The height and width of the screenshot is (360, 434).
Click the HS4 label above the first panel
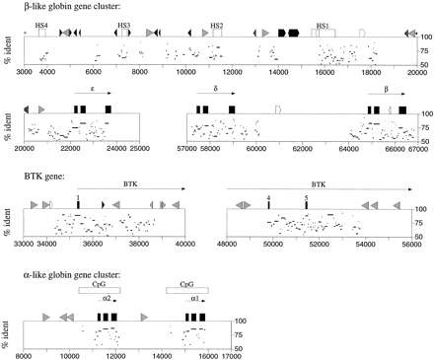pyautogui.click(x=40, y=22)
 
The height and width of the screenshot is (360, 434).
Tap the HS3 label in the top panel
pyautogui.click(x=123, y=22)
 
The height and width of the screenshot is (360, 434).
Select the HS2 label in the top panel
pyautogui.click(x=217, y=22)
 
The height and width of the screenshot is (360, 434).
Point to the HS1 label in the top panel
pyautogui.click(x=323, y=22)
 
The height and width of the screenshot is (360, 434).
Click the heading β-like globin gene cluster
pyautogui.click(x=67, y=8)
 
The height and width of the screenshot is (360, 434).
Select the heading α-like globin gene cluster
pyautogui.click(x=67, y=270)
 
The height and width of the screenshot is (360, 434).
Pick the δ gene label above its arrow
pyautogui.click(x=216, y=88)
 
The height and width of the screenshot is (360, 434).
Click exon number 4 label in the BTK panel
pyautogui.click(x=268, y=197)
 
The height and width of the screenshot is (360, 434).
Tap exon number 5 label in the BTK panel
pyautogui.click(x=307, y=197)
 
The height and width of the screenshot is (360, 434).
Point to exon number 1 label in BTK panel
pyautogui.click(x=77, y=197)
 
